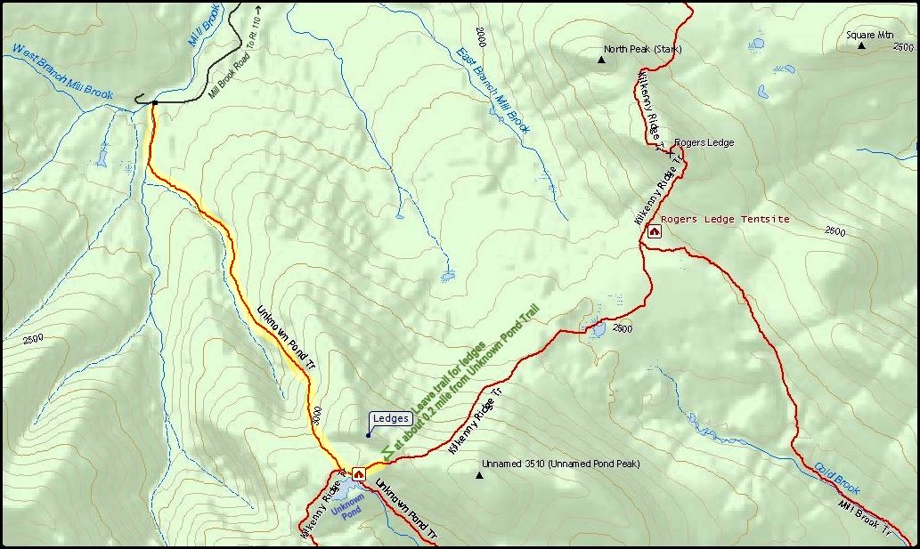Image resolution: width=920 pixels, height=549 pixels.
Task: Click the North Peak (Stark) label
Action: point(642,49)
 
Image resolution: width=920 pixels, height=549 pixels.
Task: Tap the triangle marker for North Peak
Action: point(601,61)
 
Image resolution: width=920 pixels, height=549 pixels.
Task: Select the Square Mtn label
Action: point(869,36)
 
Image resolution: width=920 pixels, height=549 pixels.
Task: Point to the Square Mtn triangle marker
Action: point(861,45)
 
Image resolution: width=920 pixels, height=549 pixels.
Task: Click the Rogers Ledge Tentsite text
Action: point(725,219)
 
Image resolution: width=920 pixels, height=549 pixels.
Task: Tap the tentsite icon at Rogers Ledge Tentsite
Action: point(655,232)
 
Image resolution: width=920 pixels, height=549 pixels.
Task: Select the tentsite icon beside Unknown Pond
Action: point(359,474)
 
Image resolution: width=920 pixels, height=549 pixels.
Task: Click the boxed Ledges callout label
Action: point(390,418)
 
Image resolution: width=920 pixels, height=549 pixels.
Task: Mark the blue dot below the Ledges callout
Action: point(368,435)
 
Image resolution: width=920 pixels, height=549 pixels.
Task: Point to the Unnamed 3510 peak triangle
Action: point(479,475)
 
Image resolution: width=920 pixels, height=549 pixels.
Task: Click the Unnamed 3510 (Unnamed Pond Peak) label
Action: point(560,464)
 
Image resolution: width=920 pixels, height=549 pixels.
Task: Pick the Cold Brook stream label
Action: point(836,478)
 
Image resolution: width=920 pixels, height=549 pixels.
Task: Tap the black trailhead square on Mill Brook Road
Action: point(154,103)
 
